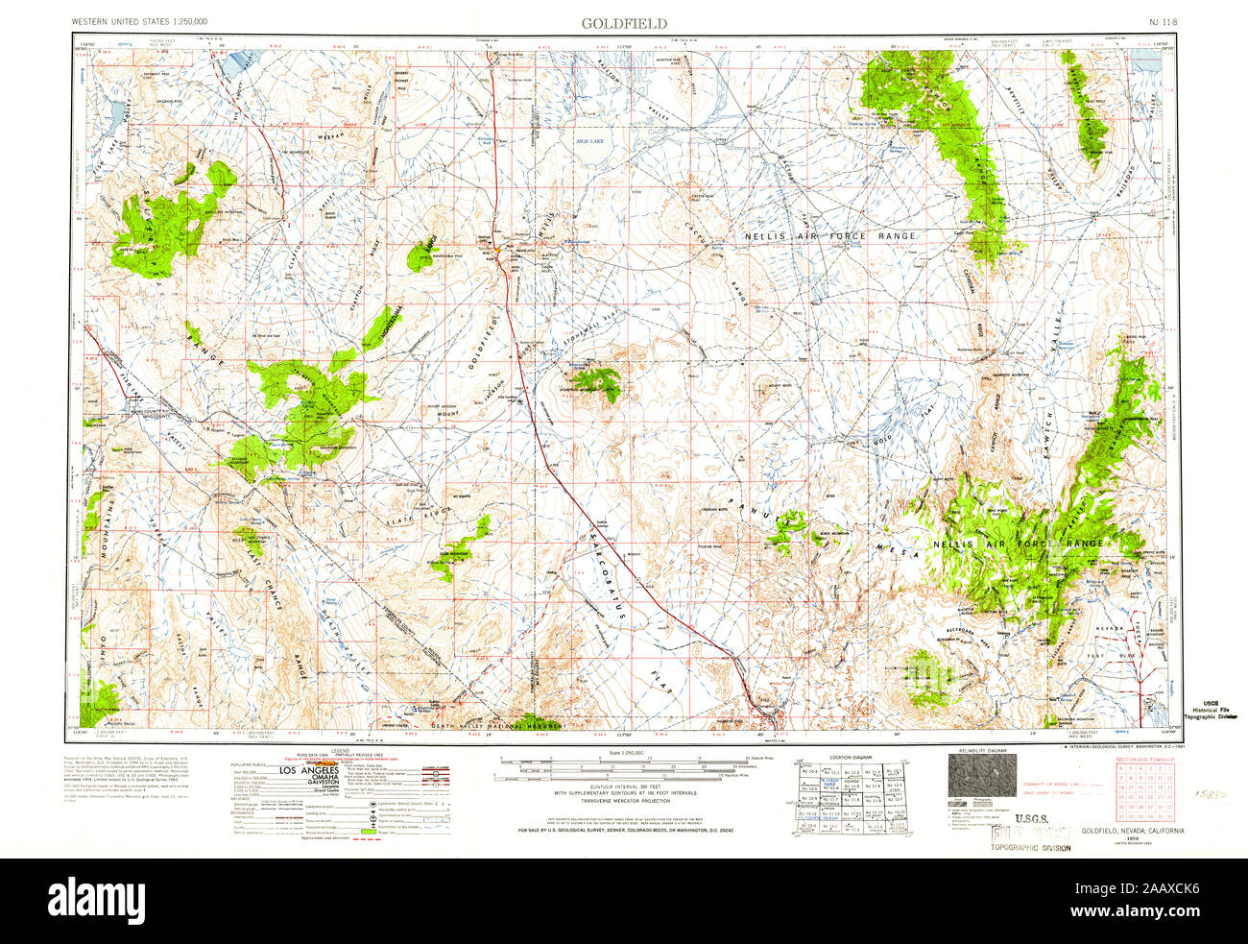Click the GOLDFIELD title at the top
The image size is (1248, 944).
[624, 22]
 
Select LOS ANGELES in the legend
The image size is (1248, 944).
[308, 771]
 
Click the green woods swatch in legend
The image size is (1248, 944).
[365, 830]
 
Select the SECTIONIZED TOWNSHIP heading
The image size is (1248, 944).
[1145, 760]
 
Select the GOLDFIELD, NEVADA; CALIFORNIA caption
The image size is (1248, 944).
[1132, 830]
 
